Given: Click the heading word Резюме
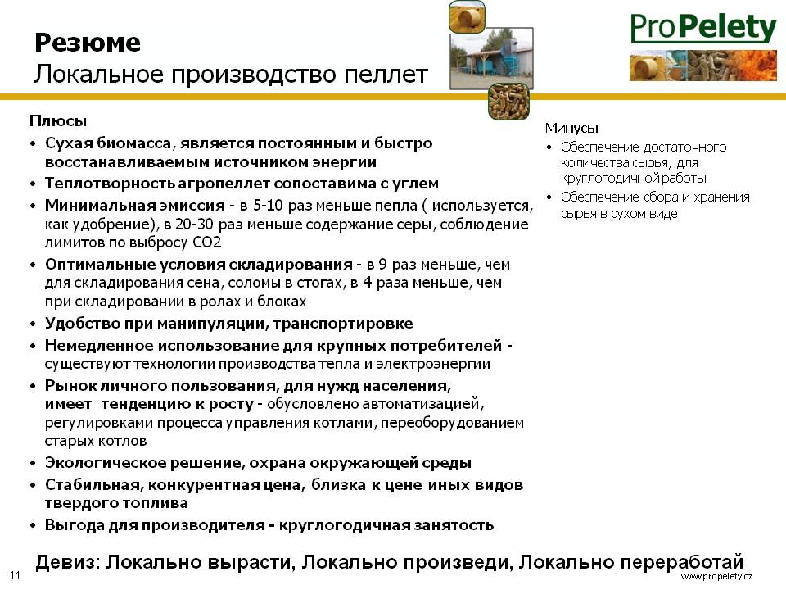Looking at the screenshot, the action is [88, 42].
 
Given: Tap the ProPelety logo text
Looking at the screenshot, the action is [703, 28].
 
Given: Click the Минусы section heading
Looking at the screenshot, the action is [571, 128].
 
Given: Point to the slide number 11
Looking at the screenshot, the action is [15, 575].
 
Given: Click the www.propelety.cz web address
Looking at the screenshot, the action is [716, 576].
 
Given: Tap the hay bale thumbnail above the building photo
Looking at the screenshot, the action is [467, 16].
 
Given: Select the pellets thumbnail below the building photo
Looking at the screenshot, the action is [508, 102].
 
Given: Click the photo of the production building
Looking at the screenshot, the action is [491, 59].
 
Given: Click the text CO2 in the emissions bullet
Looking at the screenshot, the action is [207, 243].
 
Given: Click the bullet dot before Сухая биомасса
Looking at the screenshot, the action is [33, 144].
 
